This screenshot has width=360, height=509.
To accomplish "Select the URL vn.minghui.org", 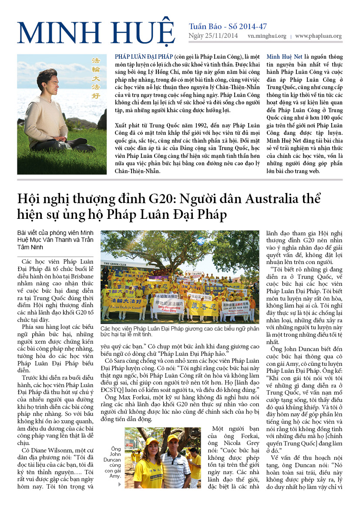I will point(267,37).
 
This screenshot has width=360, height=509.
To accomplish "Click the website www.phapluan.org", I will point(318,37).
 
